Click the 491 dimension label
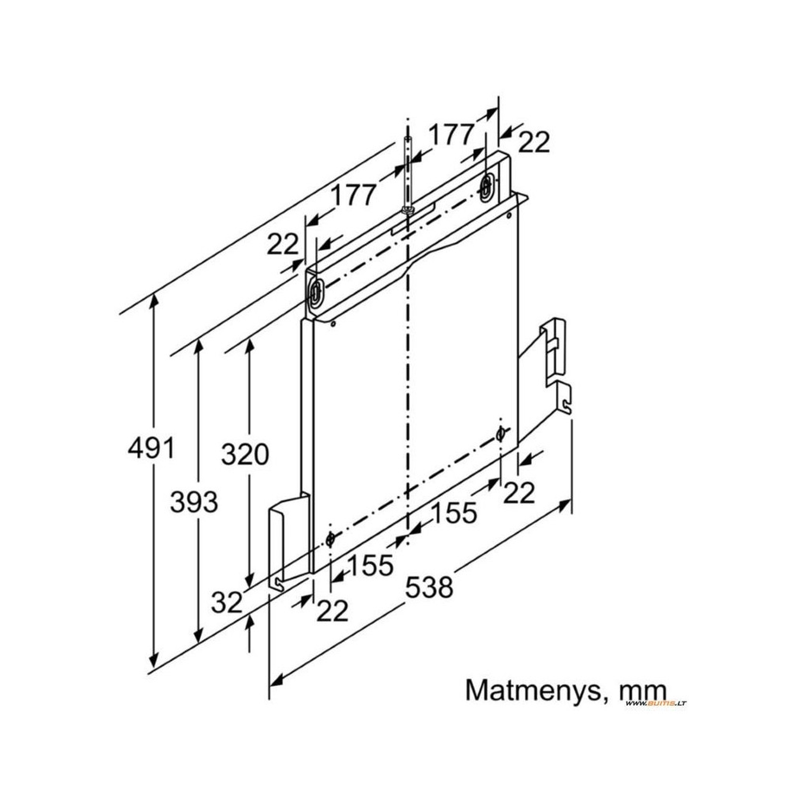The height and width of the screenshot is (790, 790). click(x=151, y=448)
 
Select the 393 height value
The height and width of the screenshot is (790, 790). click(x=194, y=502)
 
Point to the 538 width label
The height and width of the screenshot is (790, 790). click(x=429, y=588)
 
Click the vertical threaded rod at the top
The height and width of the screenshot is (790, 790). click(x=408, y=176)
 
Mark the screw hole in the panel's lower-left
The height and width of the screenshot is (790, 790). click(x=330, y=539)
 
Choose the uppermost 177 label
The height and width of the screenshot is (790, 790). click(x=451, y=135)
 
